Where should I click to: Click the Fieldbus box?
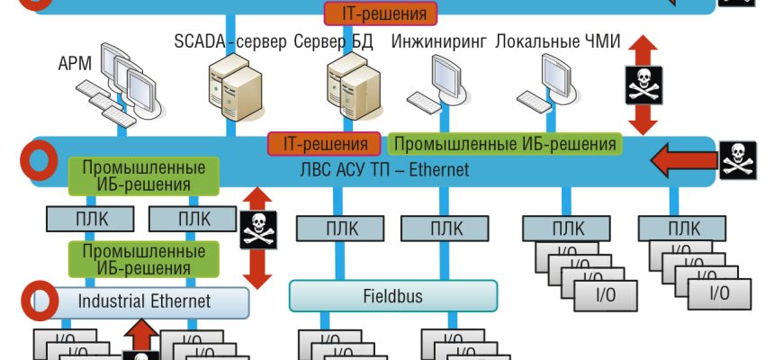(392, 296)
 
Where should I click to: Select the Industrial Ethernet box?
(145, 301)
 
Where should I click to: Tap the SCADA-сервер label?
(230, 42)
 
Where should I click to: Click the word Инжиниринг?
(439, 42)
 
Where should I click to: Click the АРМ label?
(75, 64)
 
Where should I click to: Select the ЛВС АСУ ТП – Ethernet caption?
(385, 169)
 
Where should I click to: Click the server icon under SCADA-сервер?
(230, 86)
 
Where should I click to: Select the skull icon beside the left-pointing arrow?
(738, 160)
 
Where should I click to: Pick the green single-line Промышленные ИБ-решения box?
(506, 143)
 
